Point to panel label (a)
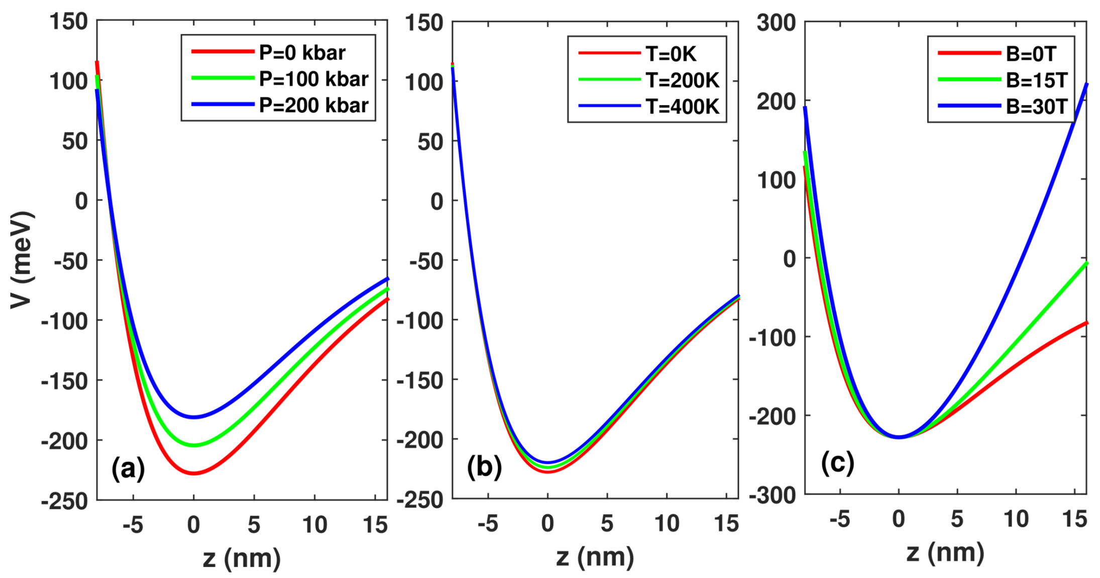[x=128, y=469]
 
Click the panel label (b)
[x=484, y=467]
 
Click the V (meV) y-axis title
[x=22, y=260]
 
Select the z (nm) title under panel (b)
[x=595, y=557]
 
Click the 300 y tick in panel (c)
[x=776, y=23]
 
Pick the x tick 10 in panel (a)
[x=314, y=525]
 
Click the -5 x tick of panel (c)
[x=839, y=519]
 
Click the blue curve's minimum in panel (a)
[x=194, y=417]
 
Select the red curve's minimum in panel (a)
[x=194, y=473]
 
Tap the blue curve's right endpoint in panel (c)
[x=1086, y=84]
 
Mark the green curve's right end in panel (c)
[x=1086, y=263]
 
